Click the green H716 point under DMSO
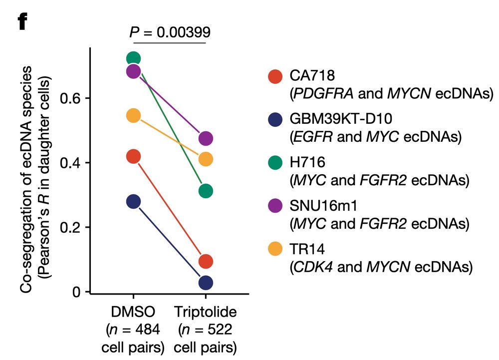(x=133, y=59)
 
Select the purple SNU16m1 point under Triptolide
(x=206, y=138)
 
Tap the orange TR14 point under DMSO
(x=133, y=116)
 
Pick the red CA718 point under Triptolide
(x=206, y=261)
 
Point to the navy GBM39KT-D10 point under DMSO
(x=133, y=202)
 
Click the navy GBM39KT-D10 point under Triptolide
(x=206, y=283)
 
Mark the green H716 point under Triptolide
(x=206, y=191)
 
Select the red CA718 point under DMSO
(x=133, y=157)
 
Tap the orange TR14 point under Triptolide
(x=206, y=159)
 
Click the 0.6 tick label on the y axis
(x=70, y=98)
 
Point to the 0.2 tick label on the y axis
(x=70, y=228)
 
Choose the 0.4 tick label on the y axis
(x=70, y=163)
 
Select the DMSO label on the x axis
(x=133, y=313)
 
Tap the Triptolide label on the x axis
(x=206, y=313)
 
